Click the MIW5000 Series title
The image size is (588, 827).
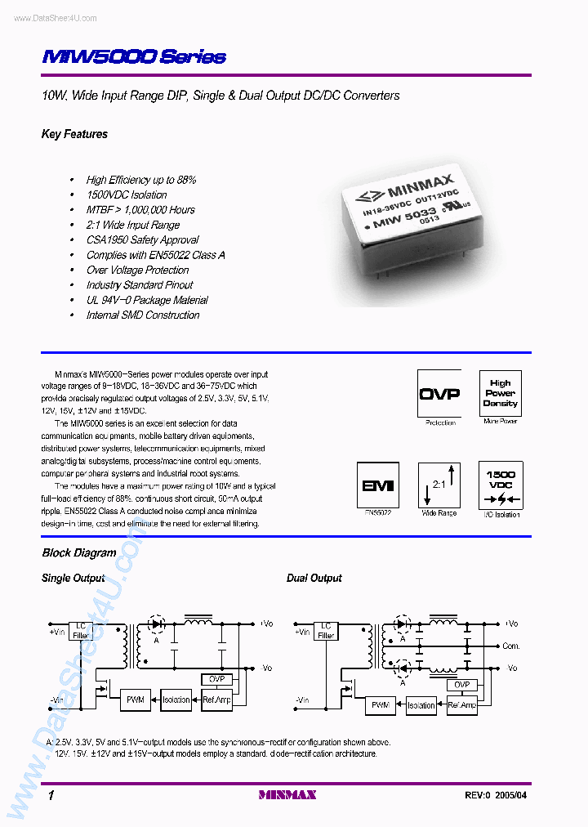point(134,57)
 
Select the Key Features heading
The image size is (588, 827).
point(74,134)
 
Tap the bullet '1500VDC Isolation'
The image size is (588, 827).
point(127,194)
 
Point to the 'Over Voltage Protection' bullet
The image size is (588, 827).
point(137,270)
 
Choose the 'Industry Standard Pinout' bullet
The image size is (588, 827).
point(140,284)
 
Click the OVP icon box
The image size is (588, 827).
point(439,393)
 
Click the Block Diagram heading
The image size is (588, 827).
point(79,552)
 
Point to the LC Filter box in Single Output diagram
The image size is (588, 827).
point(81,630)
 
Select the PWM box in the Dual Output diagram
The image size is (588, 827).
point(381,704)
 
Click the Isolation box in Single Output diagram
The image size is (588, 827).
point(176,700)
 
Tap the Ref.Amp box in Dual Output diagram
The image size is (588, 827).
point(462,704)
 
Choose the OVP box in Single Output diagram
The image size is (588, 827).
point(216,679)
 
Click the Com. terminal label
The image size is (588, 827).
point(511,646)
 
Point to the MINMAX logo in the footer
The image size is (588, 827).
point(287,794)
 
